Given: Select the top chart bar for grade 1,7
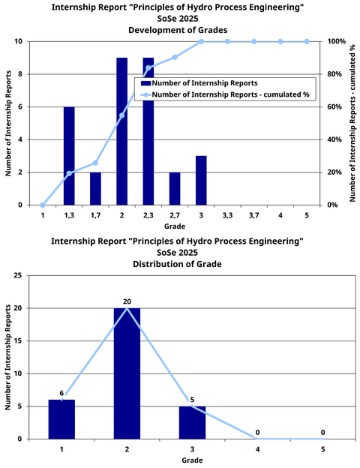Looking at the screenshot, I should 95,188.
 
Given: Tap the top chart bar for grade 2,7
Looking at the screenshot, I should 175,188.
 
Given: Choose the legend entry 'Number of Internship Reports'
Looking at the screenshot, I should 202,83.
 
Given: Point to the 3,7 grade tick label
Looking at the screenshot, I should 253,214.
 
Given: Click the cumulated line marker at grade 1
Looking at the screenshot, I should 43,205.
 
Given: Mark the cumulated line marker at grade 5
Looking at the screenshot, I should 307,41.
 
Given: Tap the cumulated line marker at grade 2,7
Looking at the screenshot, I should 175,57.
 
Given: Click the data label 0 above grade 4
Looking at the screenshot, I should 257,433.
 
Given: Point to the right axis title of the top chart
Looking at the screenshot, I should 351,123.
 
